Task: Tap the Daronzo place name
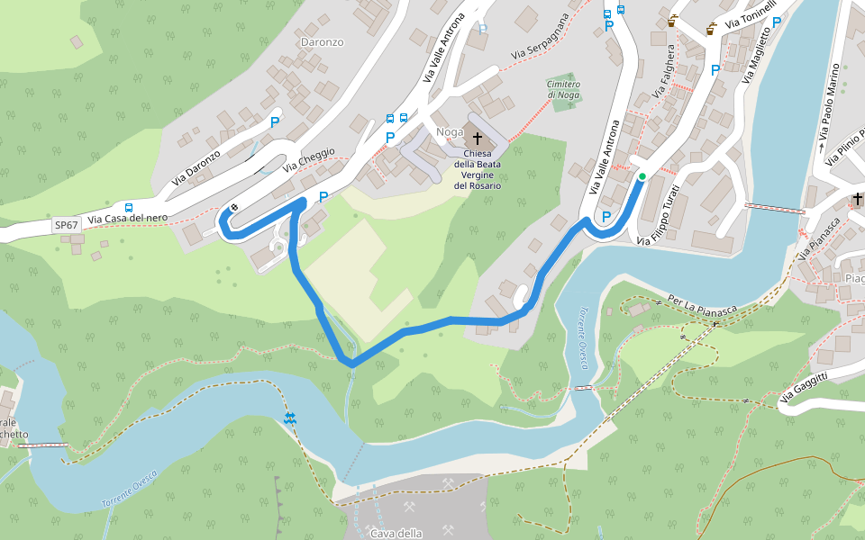click(322, 42)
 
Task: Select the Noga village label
click(449, 132)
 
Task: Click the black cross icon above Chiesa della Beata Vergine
click(477, 139)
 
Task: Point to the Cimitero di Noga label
click(563, 89)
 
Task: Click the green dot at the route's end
click(642, 177)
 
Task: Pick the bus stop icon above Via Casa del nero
click(129, 207)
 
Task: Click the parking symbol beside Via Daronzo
click(274, 121)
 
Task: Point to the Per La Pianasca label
click(702, 304)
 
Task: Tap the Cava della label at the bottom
click(396, 533)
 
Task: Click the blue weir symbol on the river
click(289, 418)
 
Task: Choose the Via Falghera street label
click(661, 90)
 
